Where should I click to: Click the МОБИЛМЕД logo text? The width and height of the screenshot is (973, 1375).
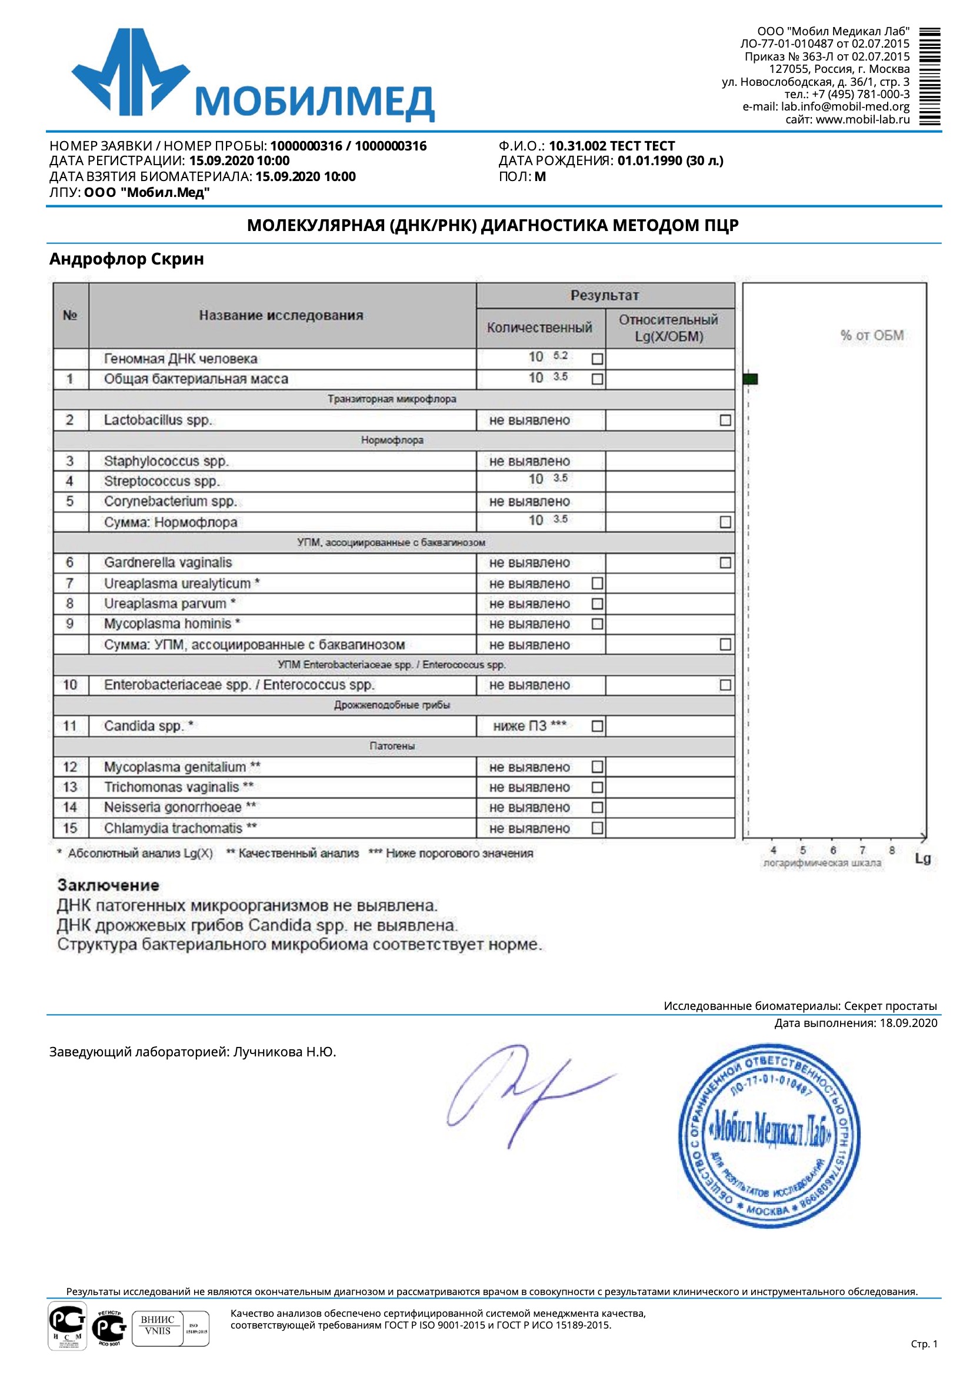(x=314, y=102)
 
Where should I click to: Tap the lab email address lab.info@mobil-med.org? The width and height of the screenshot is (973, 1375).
(x=845, y=106)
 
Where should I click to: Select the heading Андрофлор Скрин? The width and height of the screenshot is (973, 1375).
(x=126, y=259)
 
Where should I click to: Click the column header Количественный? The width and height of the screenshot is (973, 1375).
(x=539, y=327)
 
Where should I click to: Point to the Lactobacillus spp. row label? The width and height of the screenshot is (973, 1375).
(x=158, y=420)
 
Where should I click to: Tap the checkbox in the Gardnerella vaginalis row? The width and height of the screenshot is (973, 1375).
(x=725, y=563)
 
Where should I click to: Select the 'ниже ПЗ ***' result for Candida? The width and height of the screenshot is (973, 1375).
(x=529, y=726)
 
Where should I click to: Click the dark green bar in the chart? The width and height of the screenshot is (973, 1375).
(x=750, y=379)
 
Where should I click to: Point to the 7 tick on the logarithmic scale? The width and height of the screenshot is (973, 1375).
(x=862, y=850)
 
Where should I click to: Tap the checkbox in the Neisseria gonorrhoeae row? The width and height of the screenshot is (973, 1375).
(x=597, y=807)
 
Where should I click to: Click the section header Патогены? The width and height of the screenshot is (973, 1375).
(x=392, y=746)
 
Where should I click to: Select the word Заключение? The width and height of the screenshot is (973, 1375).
(x=108, y=885)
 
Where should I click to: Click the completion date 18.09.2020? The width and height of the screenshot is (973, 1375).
(x=908, y=1023)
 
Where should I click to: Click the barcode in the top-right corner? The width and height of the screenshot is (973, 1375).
(x=929, y=76)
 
